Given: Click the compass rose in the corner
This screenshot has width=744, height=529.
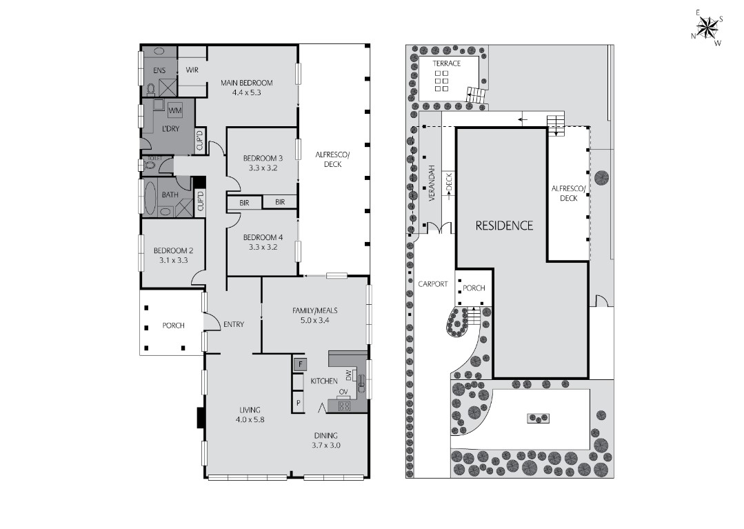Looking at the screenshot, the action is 707,28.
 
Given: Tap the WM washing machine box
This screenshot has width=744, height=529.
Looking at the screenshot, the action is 175,110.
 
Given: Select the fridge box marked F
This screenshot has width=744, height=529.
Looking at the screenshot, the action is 300,364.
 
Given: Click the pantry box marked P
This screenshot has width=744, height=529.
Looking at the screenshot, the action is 298,403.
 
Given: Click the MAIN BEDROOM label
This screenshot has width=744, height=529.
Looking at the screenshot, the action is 247,83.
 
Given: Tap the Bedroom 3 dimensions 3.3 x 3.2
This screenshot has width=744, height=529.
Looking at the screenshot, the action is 263,168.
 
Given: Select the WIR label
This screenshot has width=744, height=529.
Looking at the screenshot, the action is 192,70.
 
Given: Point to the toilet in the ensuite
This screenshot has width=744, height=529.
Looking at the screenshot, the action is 152,89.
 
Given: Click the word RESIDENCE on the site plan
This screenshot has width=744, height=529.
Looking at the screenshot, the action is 504,226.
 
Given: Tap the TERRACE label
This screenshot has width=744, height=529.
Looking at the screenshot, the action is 447,63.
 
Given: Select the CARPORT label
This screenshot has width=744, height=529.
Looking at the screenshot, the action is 433,283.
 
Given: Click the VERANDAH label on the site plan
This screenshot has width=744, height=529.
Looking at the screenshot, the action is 432,183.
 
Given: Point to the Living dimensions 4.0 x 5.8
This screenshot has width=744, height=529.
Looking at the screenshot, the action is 250,419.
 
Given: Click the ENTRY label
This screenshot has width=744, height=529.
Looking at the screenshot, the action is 234,324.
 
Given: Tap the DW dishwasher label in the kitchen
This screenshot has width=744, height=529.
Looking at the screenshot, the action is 349,375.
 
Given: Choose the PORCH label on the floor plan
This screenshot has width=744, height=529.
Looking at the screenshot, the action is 173,325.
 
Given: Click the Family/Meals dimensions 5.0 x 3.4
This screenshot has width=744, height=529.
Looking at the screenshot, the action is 314,320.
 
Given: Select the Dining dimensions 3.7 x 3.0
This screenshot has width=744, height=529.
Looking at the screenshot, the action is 326,445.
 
